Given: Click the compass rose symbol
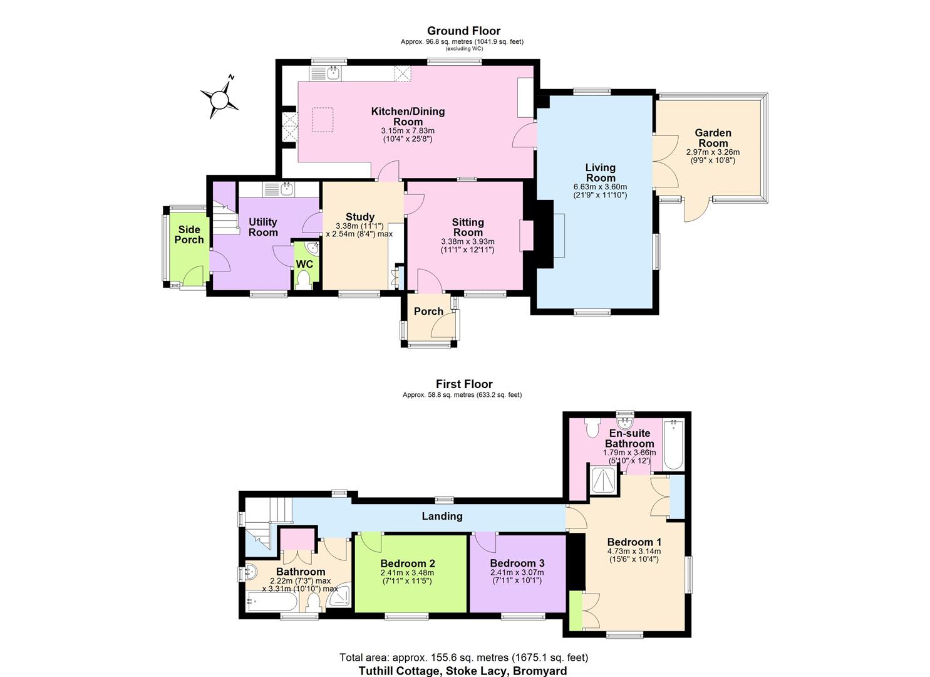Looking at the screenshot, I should pyautogui.click(x=220, y=99).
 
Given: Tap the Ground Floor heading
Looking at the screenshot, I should pyautogui.click(x=463, y=31).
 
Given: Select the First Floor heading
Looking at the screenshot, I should pyautogui.click(x=464, y=384).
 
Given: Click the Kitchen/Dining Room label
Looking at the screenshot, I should pyautogui.click(x=408, y=116).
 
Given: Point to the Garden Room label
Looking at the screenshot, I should pyautogui.click(x=713, y=138).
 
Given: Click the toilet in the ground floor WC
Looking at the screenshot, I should pyautogui.click(x=304, y=280).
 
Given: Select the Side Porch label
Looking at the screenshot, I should pyautogui.click(x=189, y=234).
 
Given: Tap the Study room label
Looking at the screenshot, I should pyautogui.click(x=359, y=217).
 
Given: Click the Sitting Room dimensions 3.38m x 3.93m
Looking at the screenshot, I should pyautogui.click(x=468, y=241).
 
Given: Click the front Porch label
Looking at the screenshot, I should pyautogui.click(x=428, y=312).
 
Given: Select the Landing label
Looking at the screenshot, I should pyautogui.click(x=442, y=516).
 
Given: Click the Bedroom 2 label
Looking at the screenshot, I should pyautogui.click(x=407, y=564).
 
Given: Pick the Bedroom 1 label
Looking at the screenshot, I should pyautogui.click(x=634, y=542).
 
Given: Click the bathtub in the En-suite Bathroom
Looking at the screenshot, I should pyautogui.click(x=673, y=445).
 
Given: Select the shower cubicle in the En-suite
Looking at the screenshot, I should pyautogui.click(x=605, y=481).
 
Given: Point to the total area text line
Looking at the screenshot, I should pyautogui.click(x=463, y=658).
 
